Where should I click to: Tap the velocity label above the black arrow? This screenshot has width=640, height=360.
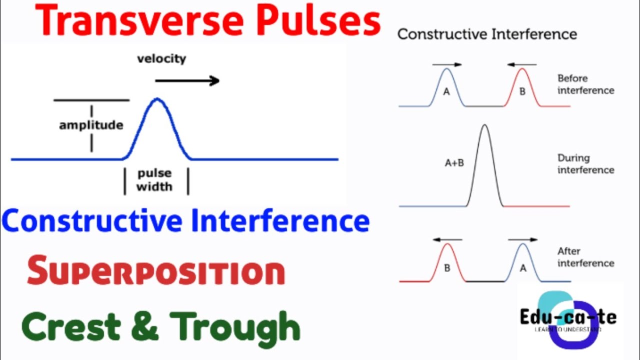click(161, 58)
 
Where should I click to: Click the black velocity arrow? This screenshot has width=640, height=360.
click(187, 81)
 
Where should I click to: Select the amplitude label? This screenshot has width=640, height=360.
click(91, 125)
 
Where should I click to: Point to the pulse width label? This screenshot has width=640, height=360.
click(154, 180)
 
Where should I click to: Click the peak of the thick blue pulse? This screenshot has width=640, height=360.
click(157, 99)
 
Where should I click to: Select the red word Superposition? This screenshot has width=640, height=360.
click(155, 271)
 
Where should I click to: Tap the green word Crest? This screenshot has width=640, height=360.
click(71, 326)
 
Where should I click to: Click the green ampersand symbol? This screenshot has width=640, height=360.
click(145, 326)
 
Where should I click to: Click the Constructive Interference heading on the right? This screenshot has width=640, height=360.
click(487, 34)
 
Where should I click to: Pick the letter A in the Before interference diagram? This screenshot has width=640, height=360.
click(446, 92)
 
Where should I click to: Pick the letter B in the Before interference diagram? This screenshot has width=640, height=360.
click(522, 92)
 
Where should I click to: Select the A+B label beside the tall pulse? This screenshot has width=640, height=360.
click(454, 162)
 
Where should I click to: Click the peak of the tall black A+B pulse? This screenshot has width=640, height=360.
click(484, 125)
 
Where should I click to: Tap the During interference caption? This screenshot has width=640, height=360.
click(585, 164)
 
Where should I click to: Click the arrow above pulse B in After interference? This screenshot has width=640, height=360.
click(447, 240)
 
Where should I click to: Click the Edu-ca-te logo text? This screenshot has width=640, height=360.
click(568, 317)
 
